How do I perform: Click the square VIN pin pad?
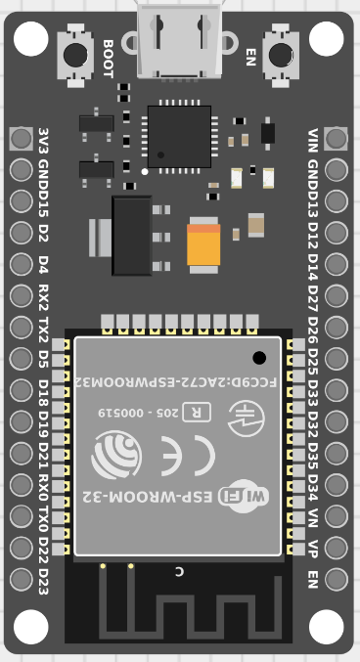click(336, 138)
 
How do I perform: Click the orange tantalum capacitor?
click(204, 243)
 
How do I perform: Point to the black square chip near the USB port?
click(179, 136)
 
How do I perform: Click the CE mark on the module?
click(191, 455)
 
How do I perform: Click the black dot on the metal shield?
click(259, 358)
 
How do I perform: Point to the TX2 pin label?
click(43, 328)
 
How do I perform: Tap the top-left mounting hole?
click(30, 38)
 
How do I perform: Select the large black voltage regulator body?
click(132, 236)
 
